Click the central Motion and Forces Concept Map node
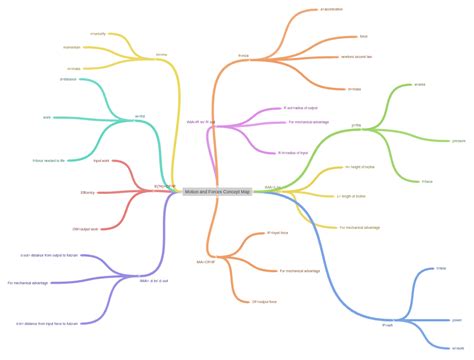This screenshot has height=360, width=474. click(218, 189)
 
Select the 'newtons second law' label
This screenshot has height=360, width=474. click(355, 56)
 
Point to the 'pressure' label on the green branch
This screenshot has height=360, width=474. click(458, 141)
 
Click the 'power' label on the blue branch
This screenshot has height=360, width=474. click(457, 319)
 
